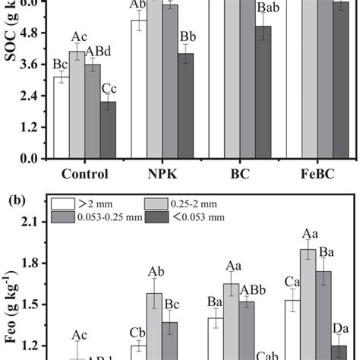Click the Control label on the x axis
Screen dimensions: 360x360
84,173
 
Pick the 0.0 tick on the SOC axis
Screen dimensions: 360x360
31,159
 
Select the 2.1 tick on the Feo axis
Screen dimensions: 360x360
30,221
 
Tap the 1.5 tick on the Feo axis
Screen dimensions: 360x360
30,305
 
